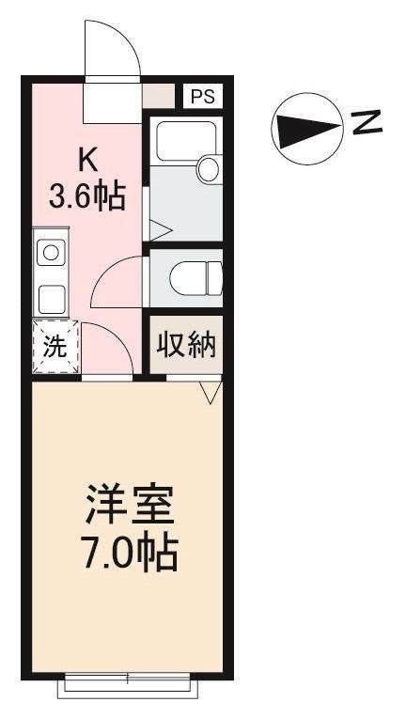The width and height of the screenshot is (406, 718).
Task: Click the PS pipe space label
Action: click(202, 96)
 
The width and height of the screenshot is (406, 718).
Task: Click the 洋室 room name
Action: click(130, 508)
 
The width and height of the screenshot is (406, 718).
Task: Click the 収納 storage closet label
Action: click(186, 346)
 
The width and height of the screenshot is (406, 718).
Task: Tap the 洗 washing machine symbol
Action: click(55, 347)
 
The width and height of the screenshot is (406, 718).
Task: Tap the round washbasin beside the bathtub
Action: click(208, 169)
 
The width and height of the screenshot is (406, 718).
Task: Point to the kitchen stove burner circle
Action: click(50, 253)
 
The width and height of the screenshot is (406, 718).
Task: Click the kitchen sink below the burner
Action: click(50, 299)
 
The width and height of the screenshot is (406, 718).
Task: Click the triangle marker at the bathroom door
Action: click(160, 227)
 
